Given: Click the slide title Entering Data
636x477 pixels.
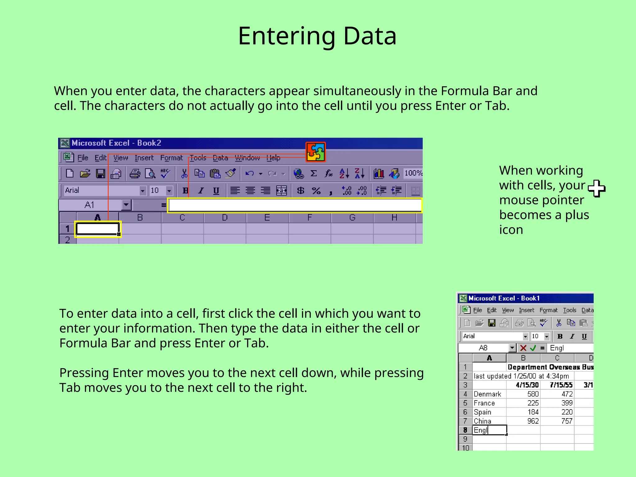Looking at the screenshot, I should pyautogui.click(x=317, y=36).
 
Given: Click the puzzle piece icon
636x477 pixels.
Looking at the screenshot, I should pyautogui.click(x=316, y=152).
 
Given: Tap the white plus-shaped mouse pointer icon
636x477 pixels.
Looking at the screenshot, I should pyautogui.click(x=597, y=188).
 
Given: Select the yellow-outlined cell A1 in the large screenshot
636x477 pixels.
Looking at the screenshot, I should pyautogui.click(x=98, y=229).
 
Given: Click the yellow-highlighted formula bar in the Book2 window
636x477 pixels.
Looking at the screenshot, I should pyautogui.click(x=294, y=206).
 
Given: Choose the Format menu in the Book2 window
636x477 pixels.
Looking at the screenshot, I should pyautogui.click(x=171, y=158).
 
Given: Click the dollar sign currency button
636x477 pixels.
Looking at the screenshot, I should pyautogui.click(x=300, y=190).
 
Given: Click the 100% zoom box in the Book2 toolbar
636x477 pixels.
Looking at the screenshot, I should pyautogui.click(x=413, y=173).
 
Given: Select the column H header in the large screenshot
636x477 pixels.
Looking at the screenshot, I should pyautogui.click(x=394, y=218).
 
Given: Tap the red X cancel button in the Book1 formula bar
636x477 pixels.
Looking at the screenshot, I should pyautogui.click(x=523, y=348).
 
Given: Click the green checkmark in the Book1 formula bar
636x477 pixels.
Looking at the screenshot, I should pyautogui.click(x=533, y=348).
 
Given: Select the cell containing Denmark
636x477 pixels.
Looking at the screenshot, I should pyautogui.click(x=488, y=394).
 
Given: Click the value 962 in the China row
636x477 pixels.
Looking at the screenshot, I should pyautogui.click(x=533, y=421).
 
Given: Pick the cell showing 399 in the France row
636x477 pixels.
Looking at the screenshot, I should pyautogui.click(x=566, y=403).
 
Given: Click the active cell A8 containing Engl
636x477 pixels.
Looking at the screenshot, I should pyautogui.click(x=489, y=430).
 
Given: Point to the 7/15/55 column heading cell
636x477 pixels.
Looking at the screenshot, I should pyautogui.click(x=561, y=385).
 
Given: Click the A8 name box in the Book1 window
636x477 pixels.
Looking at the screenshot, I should pyautogui.click(x=483, y=348).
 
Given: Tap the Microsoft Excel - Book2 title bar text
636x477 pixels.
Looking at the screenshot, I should pyautogui.click(x=116, y=143).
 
